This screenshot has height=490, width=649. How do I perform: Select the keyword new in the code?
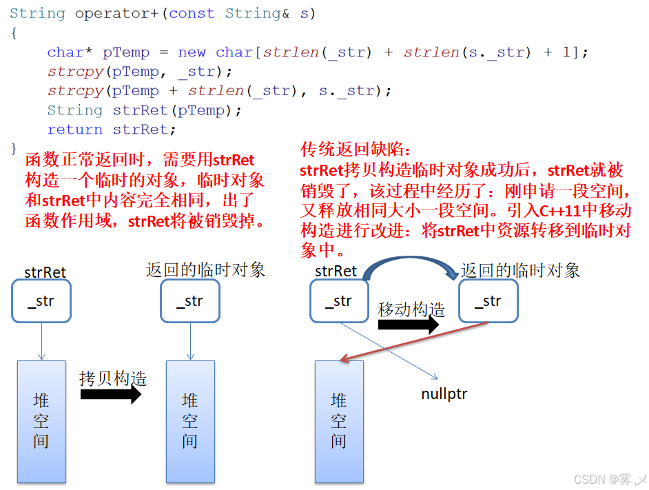pyautogui.click(x=192, y=52)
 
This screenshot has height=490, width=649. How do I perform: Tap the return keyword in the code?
pyautogui.click(x=75, y=130)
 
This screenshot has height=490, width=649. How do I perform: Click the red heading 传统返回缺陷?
pyautogui.click(x=355, y=150)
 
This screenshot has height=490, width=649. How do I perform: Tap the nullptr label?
pyautogui.click(x=444, y=394)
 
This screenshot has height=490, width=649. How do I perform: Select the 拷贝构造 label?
pyautogui.click(x=113, y=378)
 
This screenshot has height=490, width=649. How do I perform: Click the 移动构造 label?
pyautogui.click(x=411, y=309)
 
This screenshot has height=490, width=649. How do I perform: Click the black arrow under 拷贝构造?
pyautogui.click(x=110, y=395)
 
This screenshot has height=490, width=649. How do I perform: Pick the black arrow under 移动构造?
pyautogui.click(x=408, y=325)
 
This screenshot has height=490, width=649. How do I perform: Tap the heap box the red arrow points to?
pyautogui.click(x=338, y=421)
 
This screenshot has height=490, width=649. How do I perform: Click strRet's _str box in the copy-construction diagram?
pyautogui.click(x=41, y=301)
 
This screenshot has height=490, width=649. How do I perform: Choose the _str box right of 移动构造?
pyautogui.click(x=488, y=301)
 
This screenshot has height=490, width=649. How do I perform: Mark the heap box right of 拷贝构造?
pyautogui.click(x=190, y=421)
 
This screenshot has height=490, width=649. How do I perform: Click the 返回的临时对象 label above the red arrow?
pyautogui.click(x=520, y=270)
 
